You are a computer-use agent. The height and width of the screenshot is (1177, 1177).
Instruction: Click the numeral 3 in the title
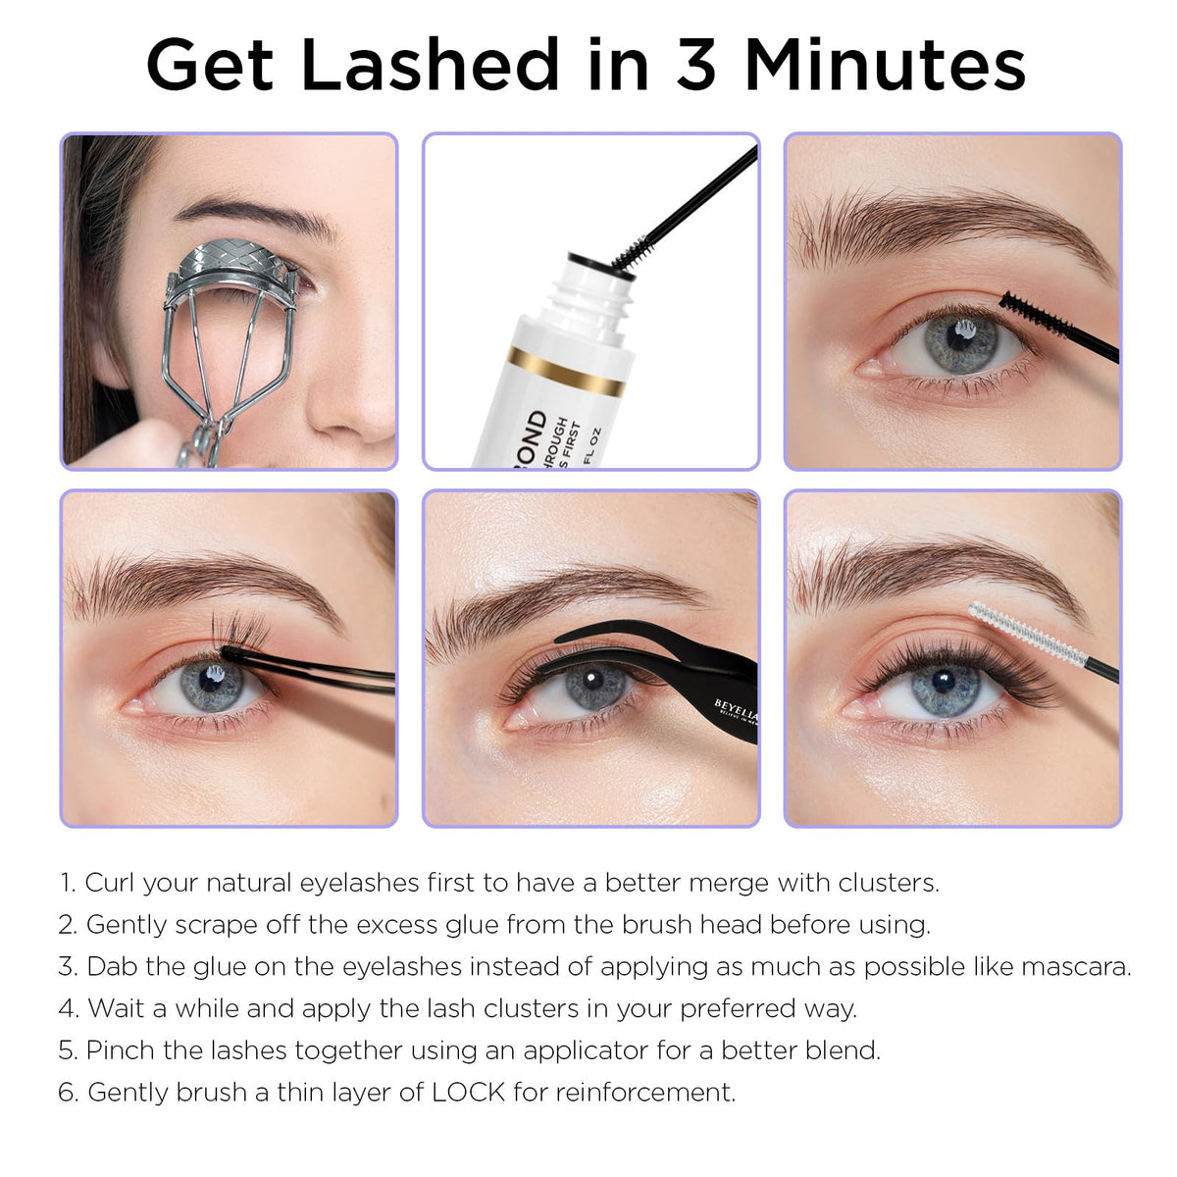pyautogui.click(x=695, y=64)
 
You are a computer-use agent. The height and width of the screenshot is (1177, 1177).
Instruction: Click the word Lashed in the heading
pyautogui.click(x=430, y=64)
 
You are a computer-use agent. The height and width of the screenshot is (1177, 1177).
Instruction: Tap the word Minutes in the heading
pyautogui.click(x=886, y=64)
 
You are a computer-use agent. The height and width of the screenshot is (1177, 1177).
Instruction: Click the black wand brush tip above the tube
pyautogui.click(x=633, y=253)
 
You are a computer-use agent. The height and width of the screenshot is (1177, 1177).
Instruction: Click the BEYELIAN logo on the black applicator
pyautogui.click(x=737, y=709)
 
